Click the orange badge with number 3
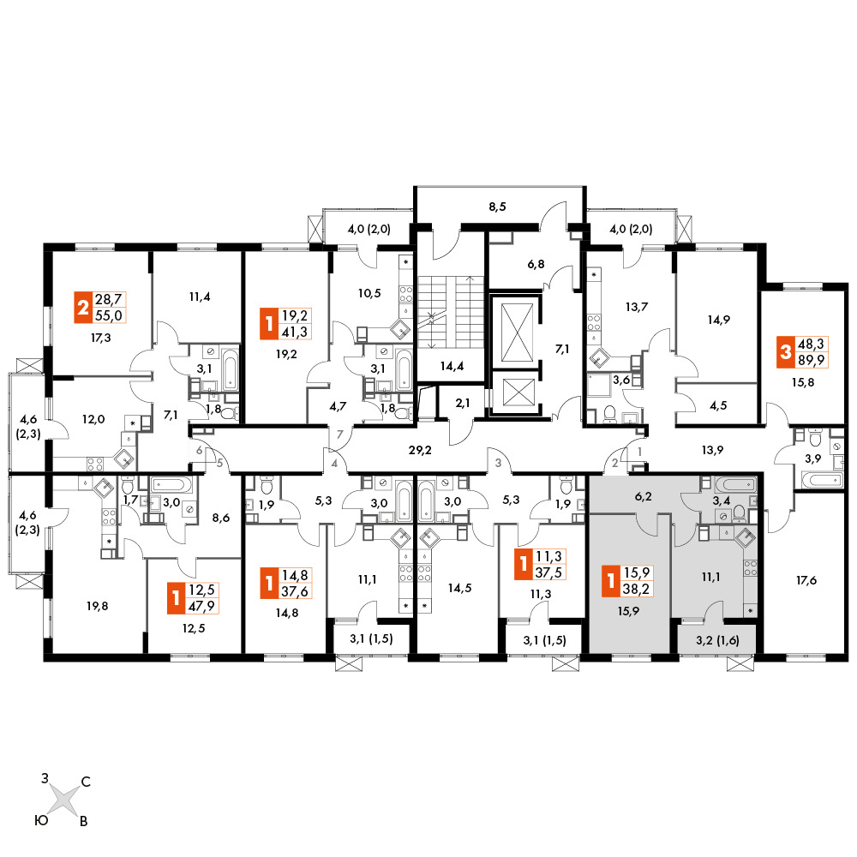click(x=785, y=351)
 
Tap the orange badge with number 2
click(x=82, y=307)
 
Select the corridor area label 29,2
click(x=420, y=450)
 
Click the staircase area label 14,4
click(x=452, y=366)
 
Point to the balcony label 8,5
click(x=497, y=207)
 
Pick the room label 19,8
click(x=98, y=606)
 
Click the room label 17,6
click(x=806, y=580)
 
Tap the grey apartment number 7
click(x=340, y=434)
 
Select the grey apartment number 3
click(x=498, y=463)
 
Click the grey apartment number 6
click(x=200, y=450)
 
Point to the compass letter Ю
click(x=41, y=820)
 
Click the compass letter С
click(x=86, y=782)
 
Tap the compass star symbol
click(x=64, y=800)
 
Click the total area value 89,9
click(x=811, y=360)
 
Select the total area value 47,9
click(x=201, y=606)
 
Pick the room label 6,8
click(x=536, y=264)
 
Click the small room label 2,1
click(x=463, y=403)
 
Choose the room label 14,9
click(x=718, y=320)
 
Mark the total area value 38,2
click(x=636, y=589)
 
